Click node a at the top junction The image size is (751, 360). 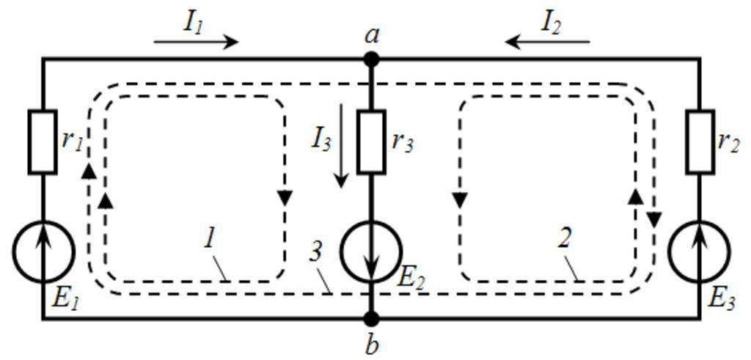(371, 59)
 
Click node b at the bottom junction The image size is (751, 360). (371, 318)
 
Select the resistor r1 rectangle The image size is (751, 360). (43, 142)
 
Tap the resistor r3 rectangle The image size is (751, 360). (371, 142)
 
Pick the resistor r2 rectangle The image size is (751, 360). (700, 142)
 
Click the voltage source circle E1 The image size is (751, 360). (43, 251)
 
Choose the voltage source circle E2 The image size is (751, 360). (371, 251)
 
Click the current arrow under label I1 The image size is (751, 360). (197, 42)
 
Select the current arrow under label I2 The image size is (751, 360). (547, 42)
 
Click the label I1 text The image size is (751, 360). (193, 21)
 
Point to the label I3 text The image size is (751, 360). (321, 138)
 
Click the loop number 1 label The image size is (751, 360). (209, 238)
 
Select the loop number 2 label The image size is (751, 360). (565, 238)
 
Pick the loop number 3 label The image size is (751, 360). (315, 251)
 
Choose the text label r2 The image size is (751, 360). (728, 141)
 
